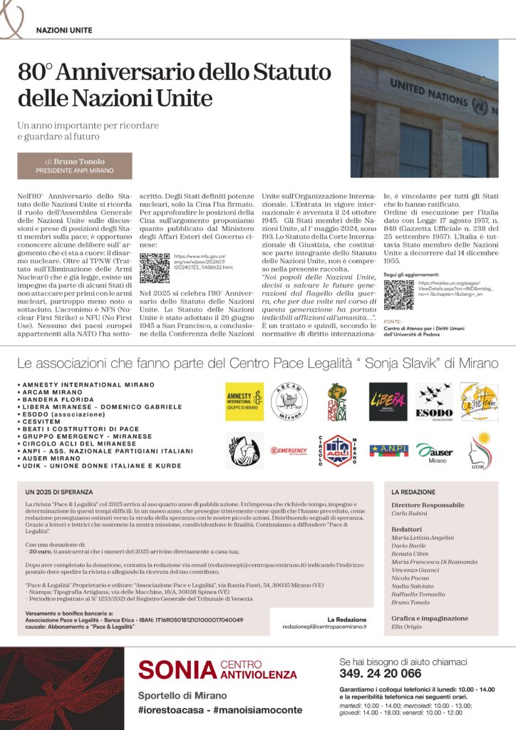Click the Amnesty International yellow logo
click(x=244, y=403)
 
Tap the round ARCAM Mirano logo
click(x=289, y=402)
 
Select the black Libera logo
click(x=388, y=402)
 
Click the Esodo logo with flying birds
click(x=433, y=403)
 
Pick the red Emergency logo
click(x=289, y=451)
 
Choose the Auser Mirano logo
click(x=434, y=451)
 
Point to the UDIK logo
click(x=480, y=450)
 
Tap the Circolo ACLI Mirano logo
click(x=339, y=451)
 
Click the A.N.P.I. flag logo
click(x=388, y=450)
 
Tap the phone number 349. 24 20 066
click(x=381, y=674)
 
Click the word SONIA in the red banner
click(x=177, y=669)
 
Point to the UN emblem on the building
click(x=480, y=107)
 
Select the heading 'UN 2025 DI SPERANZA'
click(x=58, y=492)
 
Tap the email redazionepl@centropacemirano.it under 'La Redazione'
click(x=324, y=626)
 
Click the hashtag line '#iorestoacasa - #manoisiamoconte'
click(x=220, y=710)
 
